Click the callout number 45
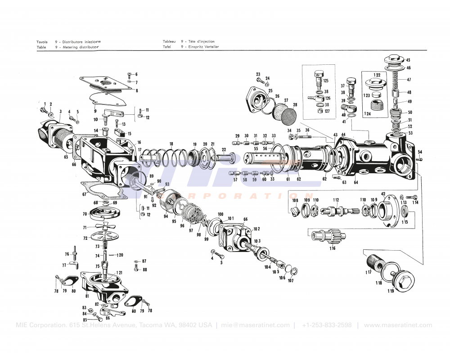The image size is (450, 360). coord(408,60)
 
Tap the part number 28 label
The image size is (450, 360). coord(295,105)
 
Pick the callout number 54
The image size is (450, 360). coord(420,152)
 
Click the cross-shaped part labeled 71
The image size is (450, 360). coord(103,225)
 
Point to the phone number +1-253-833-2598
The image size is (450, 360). coord(327,325)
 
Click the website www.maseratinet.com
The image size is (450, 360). coord(398,325)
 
